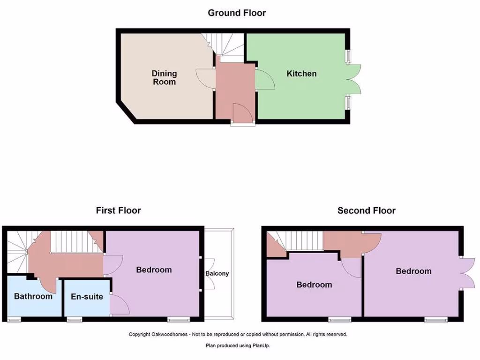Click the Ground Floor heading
(237, 13)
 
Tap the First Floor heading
(118, 210)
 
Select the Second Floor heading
(366, 210)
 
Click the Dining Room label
(164, 77)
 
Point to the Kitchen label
(301, 74)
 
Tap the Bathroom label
(33, 296)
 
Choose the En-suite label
(87, 296)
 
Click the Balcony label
(217, 273)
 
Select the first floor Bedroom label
(154, 270)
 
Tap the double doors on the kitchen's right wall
(354, 80)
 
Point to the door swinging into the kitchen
(265, 79)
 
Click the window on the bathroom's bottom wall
(14, 320)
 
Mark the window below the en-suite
(74, 320)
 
